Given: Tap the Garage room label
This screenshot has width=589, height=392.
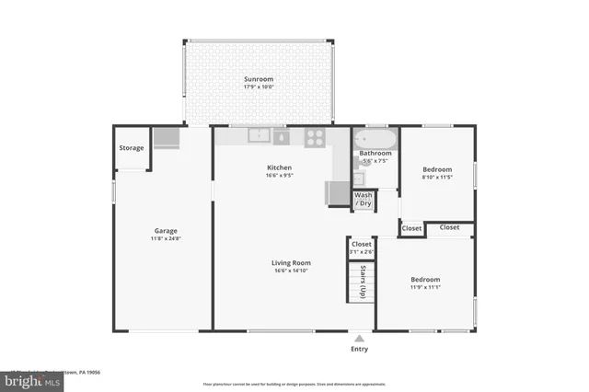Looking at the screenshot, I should [166, 231].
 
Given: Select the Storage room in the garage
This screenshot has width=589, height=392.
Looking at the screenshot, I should [132, 147].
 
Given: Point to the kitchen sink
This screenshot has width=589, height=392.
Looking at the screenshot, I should [260, 137].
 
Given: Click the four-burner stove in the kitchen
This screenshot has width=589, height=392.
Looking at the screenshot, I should [315, 137].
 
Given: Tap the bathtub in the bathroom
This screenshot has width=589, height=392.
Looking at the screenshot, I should [375, 141].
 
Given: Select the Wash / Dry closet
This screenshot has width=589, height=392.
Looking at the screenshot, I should [364, 200].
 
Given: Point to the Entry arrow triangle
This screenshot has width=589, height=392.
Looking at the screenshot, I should [359, 338].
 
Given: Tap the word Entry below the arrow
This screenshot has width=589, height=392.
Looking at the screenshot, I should [359, 350].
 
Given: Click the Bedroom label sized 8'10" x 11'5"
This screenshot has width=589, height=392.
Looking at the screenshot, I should [437, 169].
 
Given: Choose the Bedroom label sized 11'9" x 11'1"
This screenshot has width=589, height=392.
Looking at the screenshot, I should [424, 280].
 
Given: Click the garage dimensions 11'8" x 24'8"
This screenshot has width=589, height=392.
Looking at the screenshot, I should [166, 239].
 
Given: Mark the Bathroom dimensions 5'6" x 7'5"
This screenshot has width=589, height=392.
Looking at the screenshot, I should [375, 161].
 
